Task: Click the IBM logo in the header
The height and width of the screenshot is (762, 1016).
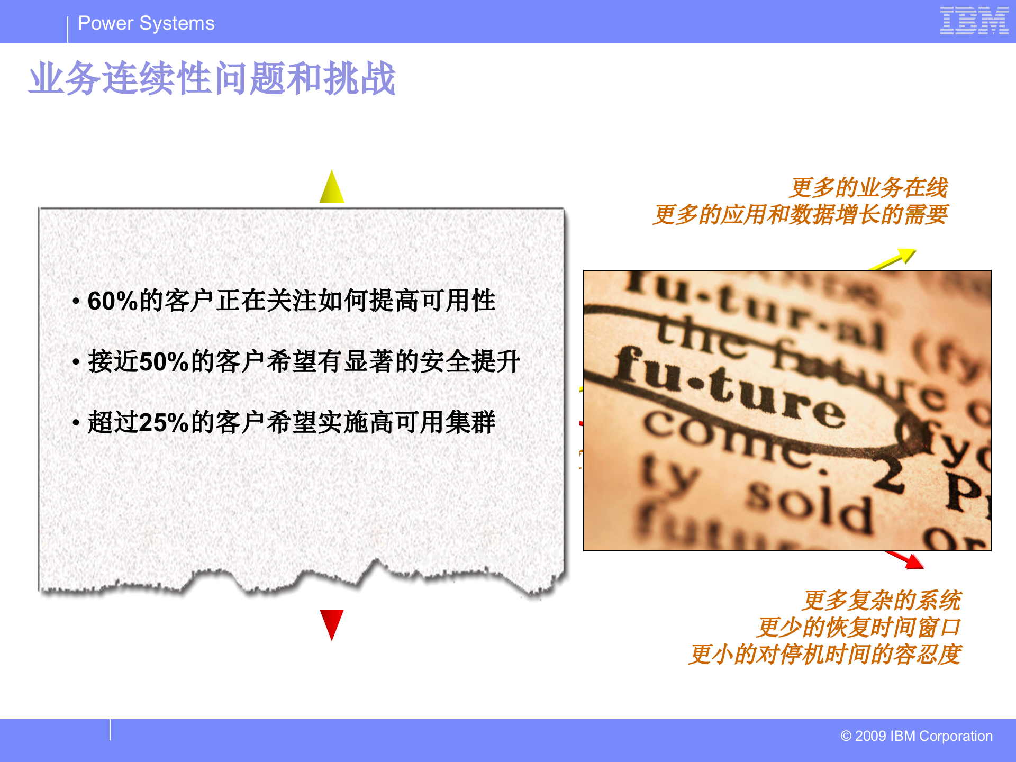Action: point(974,21)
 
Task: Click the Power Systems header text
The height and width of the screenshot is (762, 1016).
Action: point(146,23)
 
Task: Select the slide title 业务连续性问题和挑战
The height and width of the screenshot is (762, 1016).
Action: point(212,78)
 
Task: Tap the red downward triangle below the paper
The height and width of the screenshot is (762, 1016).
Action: point(332,623)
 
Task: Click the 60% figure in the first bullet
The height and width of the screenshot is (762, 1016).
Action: point(113,301)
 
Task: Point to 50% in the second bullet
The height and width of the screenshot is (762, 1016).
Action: point(164,362)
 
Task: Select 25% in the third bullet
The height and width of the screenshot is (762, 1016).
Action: point(164,423)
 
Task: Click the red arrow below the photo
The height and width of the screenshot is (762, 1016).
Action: point(906,560)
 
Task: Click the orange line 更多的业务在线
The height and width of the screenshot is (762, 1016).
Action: point(868,188)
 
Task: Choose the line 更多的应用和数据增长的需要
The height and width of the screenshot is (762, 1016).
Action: point(800,215)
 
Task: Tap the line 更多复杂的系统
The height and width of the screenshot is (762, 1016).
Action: point(882,601)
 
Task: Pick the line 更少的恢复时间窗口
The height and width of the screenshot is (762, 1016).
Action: point(858,628)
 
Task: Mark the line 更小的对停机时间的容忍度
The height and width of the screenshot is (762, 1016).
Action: point(824,655)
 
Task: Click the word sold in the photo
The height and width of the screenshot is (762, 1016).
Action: point(810,508)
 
